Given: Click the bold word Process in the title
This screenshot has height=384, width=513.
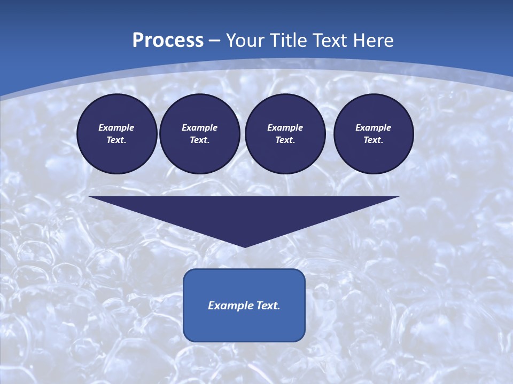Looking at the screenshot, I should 168,41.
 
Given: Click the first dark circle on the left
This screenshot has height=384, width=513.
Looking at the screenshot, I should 116,134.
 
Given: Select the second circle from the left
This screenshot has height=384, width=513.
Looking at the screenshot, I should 199,134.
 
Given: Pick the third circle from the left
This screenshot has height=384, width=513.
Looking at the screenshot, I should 285,134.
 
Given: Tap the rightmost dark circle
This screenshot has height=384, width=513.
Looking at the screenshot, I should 373,134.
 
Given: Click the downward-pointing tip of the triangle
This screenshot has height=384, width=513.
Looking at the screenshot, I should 245,246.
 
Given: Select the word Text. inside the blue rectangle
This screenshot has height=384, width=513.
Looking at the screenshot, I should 269,306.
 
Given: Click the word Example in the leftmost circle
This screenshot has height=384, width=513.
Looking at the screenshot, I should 116,127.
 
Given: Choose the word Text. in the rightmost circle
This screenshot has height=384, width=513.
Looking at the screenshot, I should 373,140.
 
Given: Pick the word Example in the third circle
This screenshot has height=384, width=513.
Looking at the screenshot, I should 285,127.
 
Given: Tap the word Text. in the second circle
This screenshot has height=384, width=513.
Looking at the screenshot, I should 199,140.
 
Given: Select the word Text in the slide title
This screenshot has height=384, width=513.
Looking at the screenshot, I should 328,41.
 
